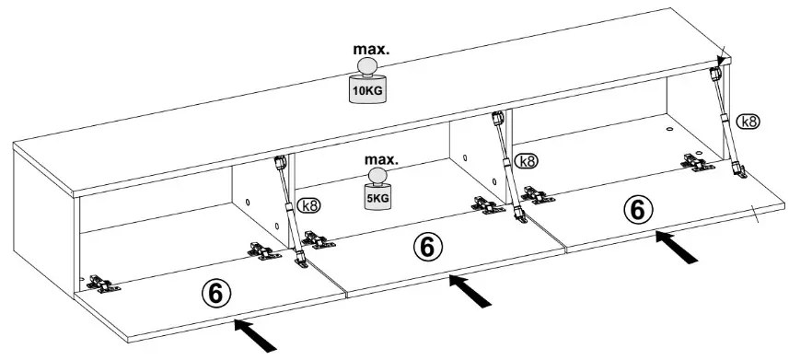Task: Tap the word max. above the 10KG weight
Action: pos(371,49)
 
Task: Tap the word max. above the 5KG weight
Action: pos(381,160)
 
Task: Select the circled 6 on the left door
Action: pos(215,293)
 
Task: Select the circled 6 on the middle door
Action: pos(427,247)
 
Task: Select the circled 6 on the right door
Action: pos(638,210)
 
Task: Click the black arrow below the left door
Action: pos(255,335)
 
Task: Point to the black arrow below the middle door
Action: pos(470,291)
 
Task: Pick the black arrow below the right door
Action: pos(677,247)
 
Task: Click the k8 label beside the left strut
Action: pos(309,205)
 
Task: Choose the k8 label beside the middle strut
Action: pos(527,161)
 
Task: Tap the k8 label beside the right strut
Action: pos(748,122)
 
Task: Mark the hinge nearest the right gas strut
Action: pos(698,162)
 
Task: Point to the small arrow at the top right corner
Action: pos(722,56)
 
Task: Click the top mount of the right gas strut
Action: pos(715,74)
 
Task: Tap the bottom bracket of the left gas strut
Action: pos(301,261)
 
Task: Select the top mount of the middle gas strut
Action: pos(498,119)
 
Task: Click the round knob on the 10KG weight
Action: pos(367,66)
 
